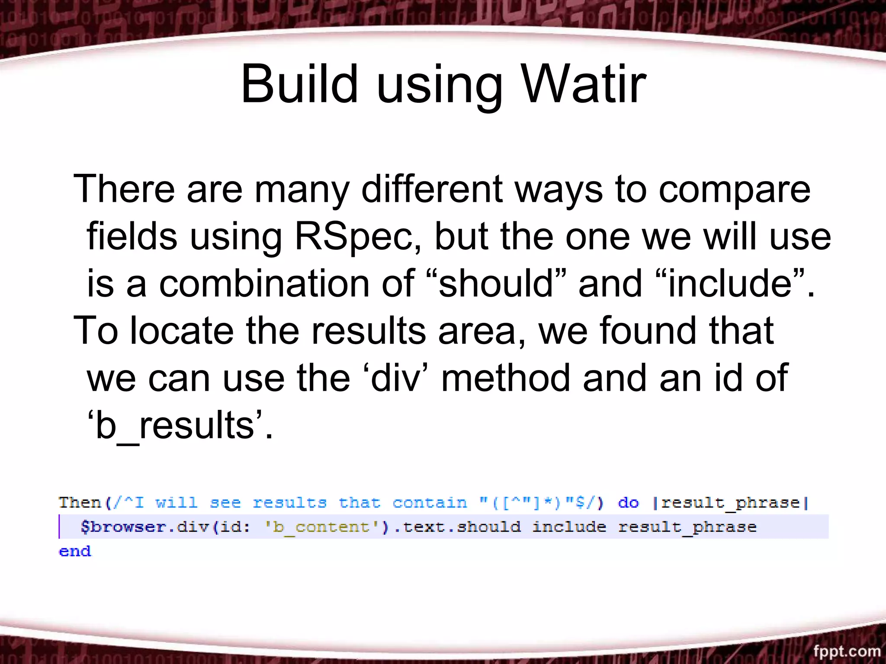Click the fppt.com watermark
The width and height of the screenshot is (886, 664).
847,651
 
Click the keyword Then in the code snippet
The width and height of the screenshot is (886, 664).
80,503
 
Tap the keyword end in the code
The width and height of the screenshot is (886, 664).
75,551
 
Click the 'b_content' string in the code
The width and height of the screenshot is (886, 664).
321,527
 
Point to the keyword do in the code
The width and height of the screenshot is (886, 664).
628,503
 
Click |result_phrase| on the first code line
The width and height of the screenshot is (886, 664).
730,503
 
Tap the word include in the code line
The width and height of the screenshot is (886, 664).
569,527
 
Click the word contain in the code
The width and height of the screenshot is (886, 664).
430,503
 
